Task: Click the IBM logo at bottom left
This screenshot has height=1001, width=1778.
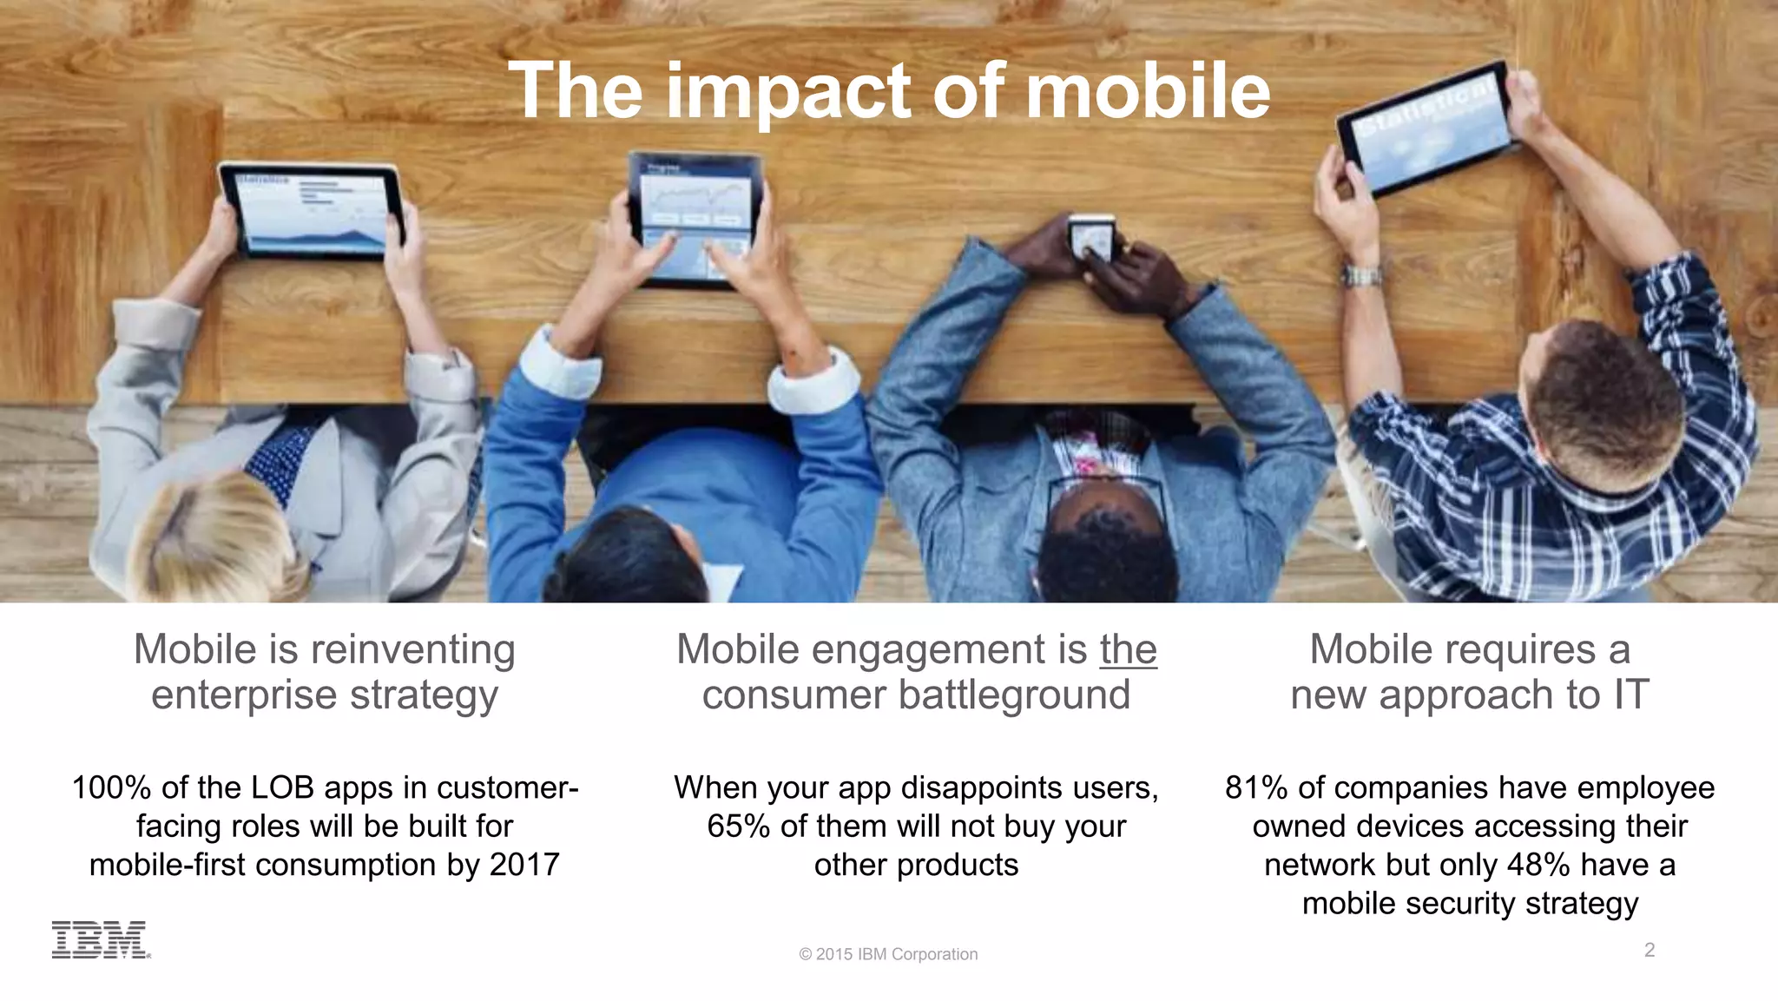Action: click(100, 940)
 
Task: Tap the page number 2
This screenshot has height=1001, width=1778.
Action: click(1650, 950)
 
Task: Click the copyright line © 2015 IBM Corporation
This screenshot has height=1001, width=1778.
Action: click(888, 954)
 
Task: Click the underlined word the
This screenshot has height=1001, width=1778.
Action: click(1128, 649)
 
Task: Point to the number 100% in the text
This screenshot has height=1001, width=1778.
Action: click(111, 787)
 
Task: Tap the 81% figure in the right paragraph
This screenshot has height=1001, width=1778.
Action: click(1256, 787)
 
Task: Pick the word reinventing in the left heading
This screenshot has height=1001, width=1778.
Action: click(412, 649)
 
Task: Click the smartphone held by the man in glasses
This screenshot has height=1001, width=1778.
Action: click(1090, 237)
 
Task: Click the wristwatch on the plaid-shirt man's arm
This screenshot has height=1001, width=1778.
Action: click(1360, 277)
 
